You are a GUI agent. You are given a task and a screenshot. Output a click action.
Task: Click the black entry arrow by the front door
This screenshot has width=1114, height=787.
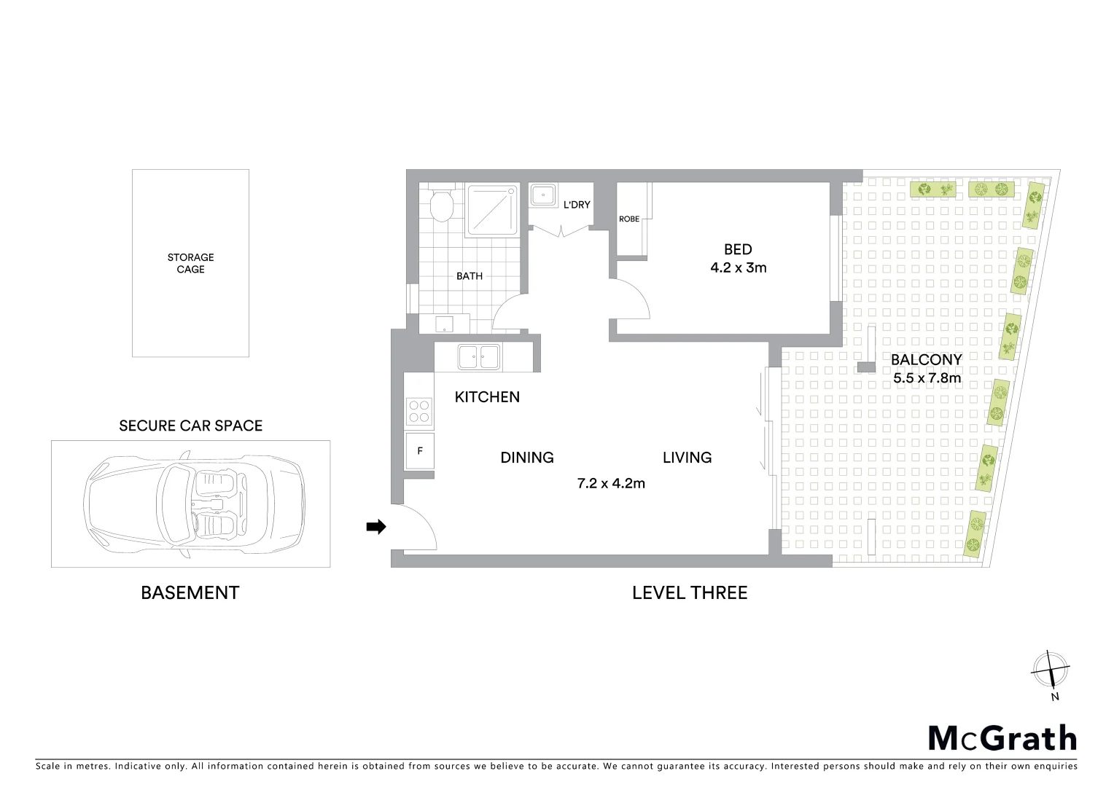coord(375,527)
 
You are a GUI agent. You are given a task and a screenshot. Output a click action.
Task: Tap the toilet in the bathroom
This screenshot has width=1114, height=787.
coord(441,205)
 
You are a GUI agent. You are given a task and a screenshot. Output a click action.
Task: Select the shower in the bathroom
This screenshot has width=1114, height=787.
coord(493,210)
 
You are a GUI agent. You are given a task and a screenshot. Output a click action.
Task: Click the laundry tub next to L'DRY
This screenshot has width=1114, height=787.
coord(542,196)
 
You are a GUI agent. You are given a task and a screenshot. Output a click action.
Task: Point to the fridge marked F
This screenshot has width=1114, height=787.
coord(420,451)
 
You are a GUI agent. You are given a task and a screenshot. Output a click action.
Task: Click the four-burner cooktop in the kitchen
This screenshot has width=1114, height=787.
coord(419,411)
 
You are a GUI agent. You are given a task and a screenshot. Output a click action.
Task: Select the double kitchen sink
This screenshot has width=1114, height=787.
coord(478,357)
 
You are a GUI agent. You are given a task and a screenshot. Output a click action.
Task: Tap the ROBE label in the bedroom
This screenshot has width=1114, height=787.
coord(629,219)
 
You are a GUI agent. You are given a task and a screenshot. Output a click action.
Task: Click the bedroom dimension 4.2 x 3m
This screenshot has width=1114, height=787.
coord(738,267)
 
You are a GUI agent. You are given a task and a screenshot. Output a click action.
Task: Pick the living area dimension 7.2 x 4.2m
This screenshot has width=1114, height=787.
coord(611,483)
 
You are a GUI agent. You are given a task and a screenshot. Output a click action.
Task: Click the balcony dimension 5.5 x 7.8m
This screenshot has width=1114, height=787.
coord(927,378)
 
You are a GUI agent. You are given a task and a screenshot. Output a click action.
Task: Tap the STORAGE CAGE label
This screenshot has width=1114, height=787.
coord(190,263)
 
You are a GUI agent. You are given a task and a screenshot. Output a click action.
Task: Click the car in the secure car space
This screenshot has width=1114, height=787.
coord(193,504)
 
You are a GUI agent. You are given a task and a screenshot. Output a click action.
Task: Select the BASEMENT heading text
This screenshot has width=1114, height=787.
coord(190,592)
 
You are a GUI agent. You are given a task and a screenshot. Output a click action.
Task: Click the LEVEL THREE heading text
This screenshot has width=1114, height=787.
coord(690,592)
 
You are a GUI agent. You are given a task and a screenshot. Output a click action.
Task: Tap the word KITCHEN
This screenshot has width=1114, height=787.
coord(487,397)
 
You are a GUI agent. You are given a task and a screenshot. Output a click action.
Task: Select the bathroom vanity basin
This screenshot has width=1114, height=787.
coord(443,324)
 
